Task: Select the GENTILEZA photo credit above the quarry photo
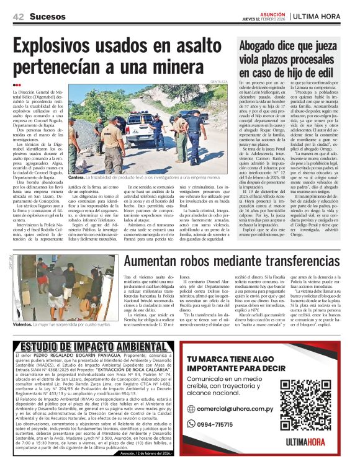click(x=218, y=82)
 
